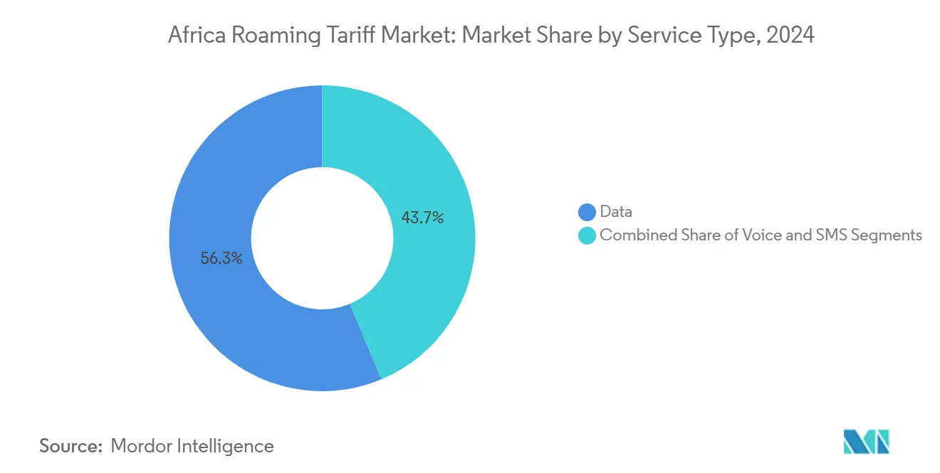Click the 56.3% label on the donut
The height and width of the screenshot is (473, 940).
coord(221,259)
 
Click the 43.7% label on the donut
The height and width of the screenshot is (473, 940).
coord(422,218)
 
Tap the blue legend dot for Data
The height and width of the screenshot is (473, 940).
coord(587,212)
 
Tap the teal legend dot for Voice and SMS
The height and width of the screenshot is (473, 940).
coord(587,235)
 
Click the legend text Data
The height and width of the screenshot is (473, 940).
coord(616,212)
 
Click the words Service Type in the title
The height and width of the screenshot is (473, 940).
coord(689,35)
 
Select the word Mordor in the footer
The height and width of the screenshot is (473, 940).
coord(142,446)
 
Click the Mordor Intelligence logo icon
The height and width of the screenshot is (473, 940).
coord(866,442)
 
